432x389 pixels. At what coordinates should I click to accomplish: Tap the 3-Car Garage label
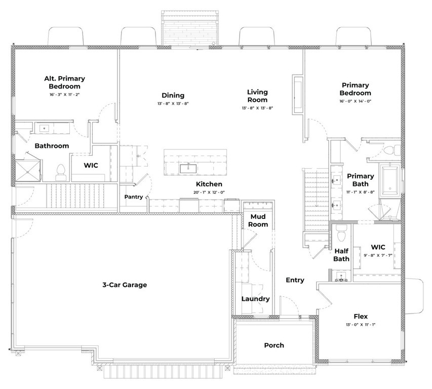pos(125,285)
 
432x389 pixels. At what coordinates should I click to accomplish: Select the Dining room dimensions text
pos(173,104)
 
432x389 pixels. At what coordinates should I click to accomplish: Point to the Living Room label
pos(257,96)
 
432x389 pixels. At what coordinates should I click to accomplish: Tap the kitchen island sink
pos(187,166)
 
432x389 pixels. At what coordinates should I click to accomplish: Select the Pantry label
pos(133,197)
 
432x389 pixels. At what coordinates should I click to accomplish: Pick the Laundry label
pos(255,299)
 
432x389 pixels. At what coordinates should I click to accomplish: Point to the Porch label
pos(274,345)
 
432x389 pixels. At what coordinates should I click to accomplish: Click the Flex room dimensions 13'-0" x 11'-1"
pos(361,325)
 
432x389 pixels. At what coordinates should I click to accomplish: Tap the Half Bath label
pos(341,255)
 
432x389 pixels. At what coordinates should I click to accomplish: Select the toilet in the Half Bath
pos(341,234)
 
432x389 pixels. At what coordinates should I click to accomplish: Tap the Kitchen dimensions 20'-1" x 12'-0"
pos(209,192)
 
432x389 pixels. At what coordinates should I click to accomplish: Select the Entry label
pos(295,280)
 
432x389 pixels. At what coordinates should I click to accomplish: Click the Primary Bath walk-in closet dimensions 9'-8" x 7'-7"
pos(377,255)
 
